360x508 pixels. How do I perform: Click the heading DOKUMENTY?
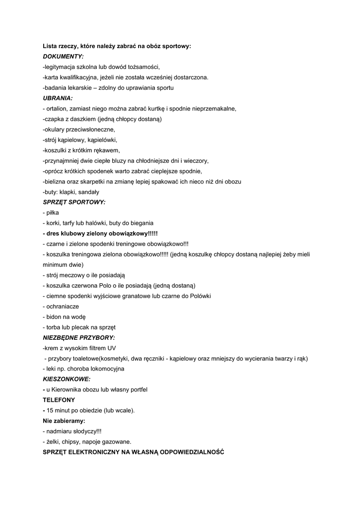(63, 57)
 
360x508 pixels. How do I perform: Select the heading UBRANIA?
(58, 98)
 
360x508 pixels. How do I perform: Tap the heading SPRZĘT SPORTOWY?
(74, 202)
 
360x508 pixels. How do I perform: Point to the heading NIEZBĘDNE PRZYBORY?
(78, 337)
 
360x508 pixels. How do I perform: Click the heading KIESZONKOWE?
(67, 379)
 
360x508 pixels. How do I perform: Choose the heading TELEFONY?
(59, 399)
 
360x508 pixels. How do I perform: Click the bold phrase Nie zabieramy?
(64, 421)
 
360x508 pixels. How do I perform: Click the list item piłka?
(53, 212)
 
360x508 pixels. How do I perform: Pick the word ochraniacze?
(63, 306)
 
